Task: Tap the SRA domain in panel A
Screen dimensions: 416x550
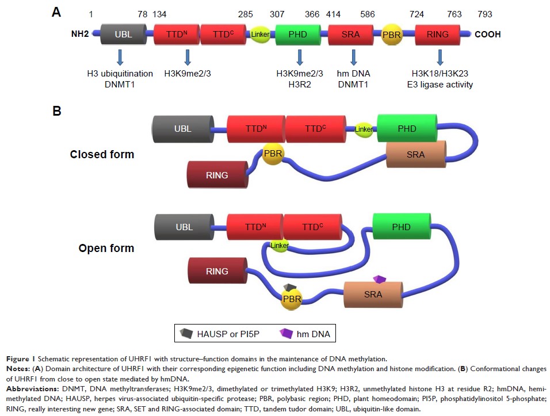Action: click(x=351, y=35)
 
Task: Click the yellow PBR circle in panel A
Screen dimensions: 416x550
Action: click(x=391, y=35)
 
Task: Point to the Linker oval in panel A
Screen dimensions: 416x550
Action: click(x=260, y=35)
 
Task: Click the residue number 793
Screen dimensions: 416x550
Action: click(x=484, y=14)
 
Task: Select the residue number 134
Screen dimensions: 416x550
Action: click(x=159, y=14)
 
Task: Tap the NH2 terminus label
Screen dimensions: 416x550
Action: click(x=79, y=35)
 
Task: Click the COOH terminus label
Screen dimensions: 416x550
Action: click(x=487, y=35)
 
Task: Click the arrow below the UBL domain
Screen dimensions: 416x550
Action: click(x=120, y=57)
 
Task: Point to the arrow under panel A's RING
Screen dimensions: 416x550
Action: click(x=440, y=57)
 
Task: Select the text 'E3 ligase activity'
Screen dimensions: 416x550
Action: click(x=440, y=85)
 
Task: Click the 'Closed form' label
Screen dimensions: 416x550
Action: click(x=102, y=154)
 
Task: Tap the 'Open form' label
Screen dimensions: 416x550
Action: click(x=106, y=249)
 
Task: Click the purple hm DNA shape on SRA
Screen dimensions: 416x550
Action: click(x=379, y=279)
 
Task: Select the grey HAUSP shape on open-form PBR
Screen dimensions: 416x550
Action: click(x=291, y=287)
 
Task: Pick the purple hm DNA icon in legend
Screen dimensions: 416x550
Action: click(x=287, y=333)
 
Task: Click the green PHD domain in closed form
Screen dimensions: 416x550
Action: click(x=406, y=128)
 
